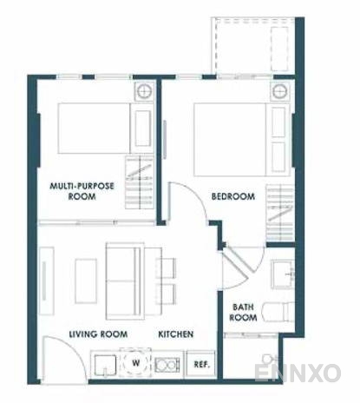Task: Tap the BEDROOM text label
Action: pyautogui.click(x=232, y=197)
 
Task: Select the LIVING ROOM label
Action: pyautogui.click(x=98, y=334)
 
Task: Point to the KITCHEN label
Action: pyautogui.click(x=175, y=334)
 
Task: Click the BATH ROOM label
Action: pyautogui.click(x=244, y=312)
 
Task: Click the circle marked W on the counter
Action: pyautogui.click(x=134, y=363)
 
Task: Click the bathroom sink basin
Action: pyautogui.click(x=284, y=274)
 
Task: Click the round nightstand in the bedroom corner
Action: pyautogui.click(x=278, y=91)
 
